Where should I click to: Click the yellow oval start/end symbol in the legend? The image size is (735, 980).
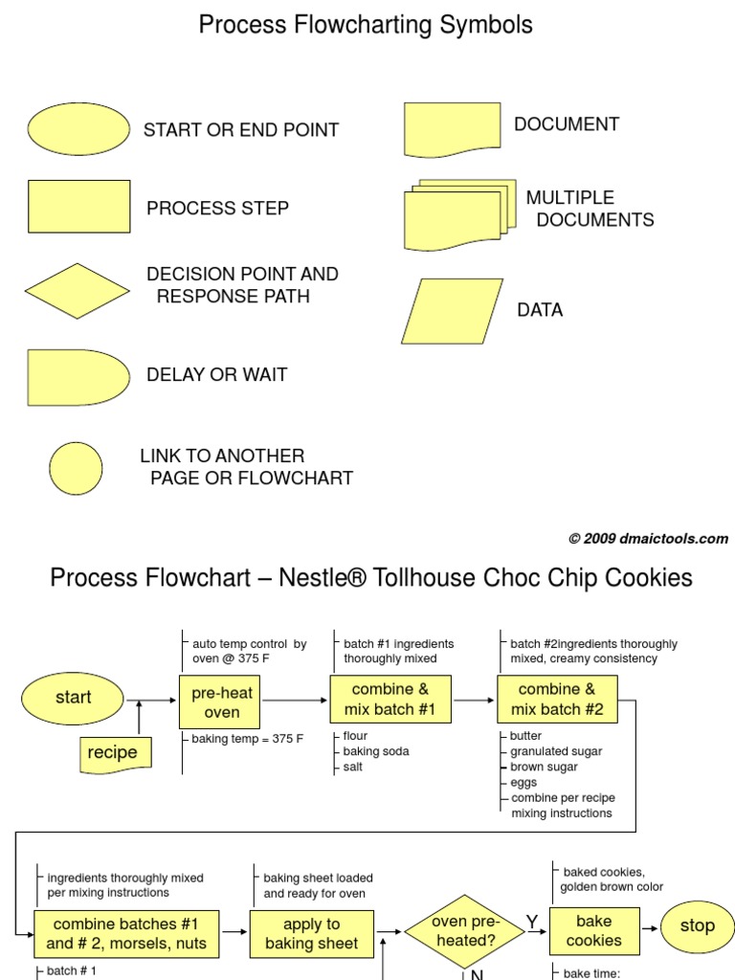point(78,129)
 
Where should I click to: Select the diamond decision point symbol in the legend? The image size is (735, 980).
point(78,291)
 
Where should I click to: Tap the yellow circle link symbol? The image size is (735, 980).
point(76,468)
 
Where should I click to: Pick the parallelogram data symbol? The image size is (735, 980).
point(452,311)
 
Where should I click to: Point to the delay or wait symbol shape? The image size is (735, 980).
point(77,378)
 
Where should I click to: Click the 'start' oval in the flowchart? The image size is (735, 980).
point(73,698)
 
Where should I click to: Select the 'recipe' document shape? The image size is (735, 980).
point(113,753)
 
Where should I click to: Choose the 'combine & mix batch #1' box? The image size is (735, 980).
point(390,700)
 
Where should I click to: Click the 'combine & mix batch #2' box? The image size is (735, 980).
point(557,700)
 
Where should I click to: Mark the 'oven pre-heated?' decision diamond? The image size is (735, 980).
point(463,931)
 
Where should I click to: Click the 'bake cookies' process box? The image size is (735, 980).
point(593,930)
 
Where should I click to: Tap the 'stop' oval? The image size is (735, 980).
point(697,925)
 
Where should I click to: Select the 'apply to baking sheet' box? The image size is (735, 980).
point(311,934)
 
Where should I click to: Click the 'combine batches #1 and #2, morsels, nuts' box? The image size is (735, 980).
point(126,934)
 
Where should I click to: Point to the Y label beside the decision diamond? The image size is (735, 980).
point(531,922)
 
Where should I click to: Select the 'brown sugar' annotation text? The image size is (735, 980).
point(544,767)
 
